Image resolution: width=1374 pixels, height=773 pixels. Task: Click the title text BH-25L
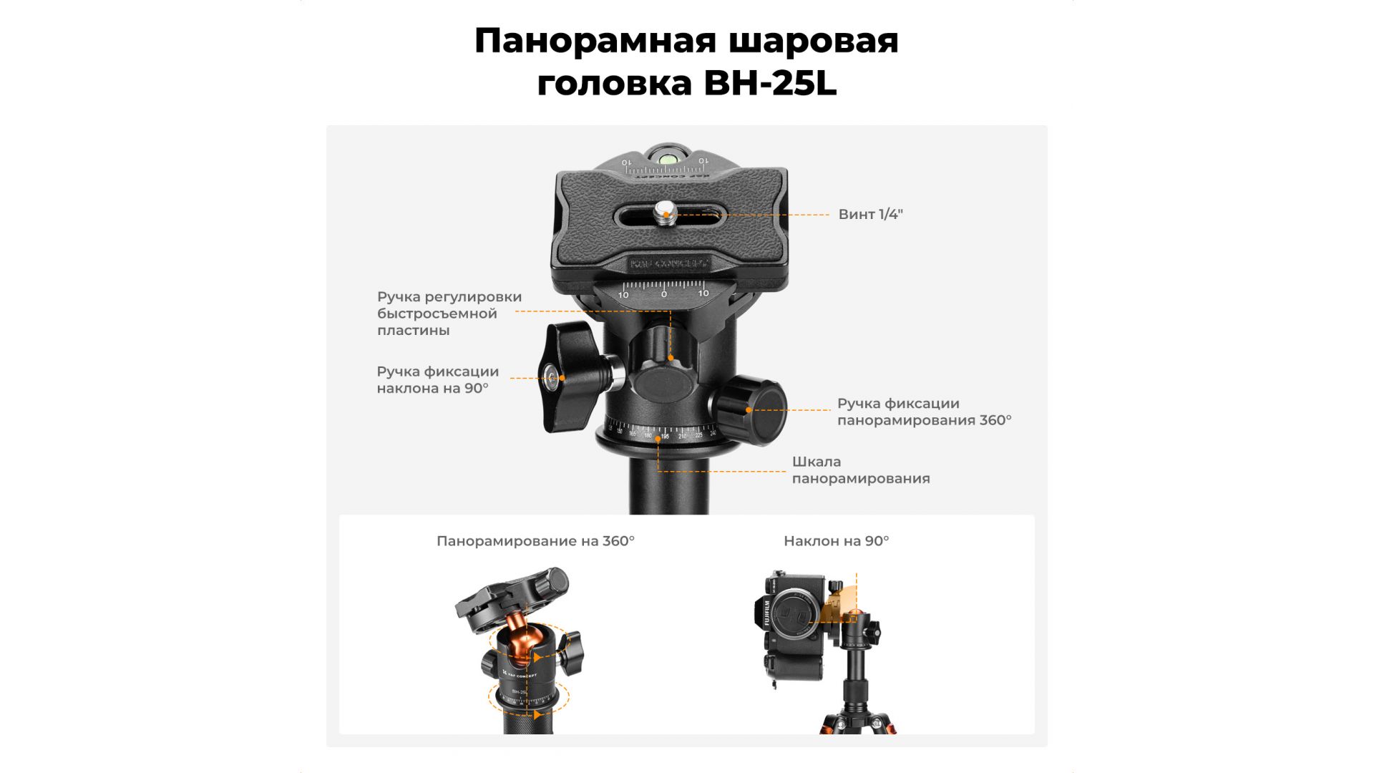click(770, 83)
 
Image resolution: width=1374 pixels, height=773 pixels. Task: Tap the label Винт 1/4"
click(870, 214)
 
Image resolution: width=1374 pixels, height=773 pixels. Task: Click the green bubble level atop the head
click(668, 157)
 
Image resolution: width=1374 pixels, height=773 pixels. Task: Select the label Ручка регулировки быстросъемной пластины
click(449, 313)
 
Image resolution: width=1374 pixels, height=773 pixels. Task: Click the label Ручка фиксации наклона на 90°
click(437, 380)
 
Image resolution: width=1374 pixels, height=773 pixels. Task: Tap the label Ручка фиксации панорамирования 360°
click(924, 412)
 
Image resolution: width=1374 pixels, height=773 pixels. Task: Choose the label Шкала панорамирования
click(861, 470)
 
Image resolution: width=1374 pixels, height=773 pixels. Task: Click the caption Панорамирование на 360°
click(535, 541)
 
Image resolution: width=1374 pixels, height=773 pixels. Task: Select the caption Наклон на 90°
click(836, 541)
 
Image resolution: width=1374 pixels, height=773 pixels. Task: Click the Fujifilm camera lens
click(792, 615)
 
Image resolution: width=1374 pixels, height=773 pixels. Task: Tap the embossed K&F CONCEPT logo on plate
click(669, 263)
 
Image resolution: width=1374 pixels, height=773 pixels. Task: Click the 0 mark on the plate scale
click(663, 294)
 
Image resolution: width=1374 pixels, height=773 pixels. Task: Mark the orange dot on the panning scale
click(658, 439)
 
